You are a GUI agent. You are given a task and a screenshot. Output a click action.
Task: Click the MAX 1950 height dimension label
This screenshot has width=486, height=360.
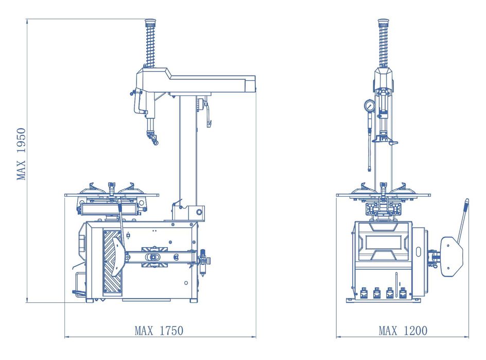click(x=21, y=154)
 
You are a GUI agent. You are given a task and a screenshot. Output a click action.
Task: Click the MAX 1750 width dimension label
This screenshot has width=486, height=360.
click(x=159, y=331)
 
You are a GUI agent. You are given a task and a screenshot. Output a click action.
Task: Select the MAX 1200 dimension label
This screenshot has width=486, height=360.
click(x=403, y=331)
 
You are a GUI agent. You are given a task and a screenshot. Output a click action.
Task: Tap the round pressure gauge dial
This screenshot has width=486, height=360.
click(x=370, y=106)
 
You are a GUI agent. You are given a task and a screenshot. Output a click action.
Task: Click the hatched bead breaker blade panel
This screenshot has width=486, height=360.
click(x=112, y=261)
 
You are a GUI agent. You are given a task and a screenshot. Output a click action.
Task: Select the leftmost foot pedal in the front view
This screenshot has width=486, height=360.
click(x=363, y=293)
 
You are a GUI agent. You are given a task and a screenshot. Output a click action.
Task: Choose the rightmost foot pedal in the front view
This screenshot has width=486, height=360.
click(x=403, y=293)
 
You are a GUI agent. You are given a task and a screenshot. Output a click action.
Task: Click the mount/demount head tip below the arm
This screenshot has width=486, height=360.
click(x=152, y=138)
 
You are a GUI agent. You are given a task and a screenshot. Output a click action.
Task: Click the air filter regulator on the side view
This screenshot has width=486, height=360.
click(x=204, y=261)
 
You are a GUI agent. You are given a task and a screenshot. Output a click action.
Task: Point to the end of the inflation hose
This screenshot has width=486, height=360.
click(x=369, y=169)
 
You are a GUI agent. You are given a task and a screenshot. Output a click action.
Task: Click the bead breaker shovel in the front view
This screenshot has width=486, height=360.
click(x=452, y=256)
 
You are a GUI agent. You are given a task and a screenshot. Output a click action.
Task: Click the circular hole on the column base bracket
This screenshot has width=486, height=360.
click(x=199, y=212)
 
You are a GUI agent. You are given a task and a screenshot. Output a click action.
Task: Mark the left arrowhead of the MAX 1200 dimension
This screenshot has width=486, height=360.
click(x=338, y=336)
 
